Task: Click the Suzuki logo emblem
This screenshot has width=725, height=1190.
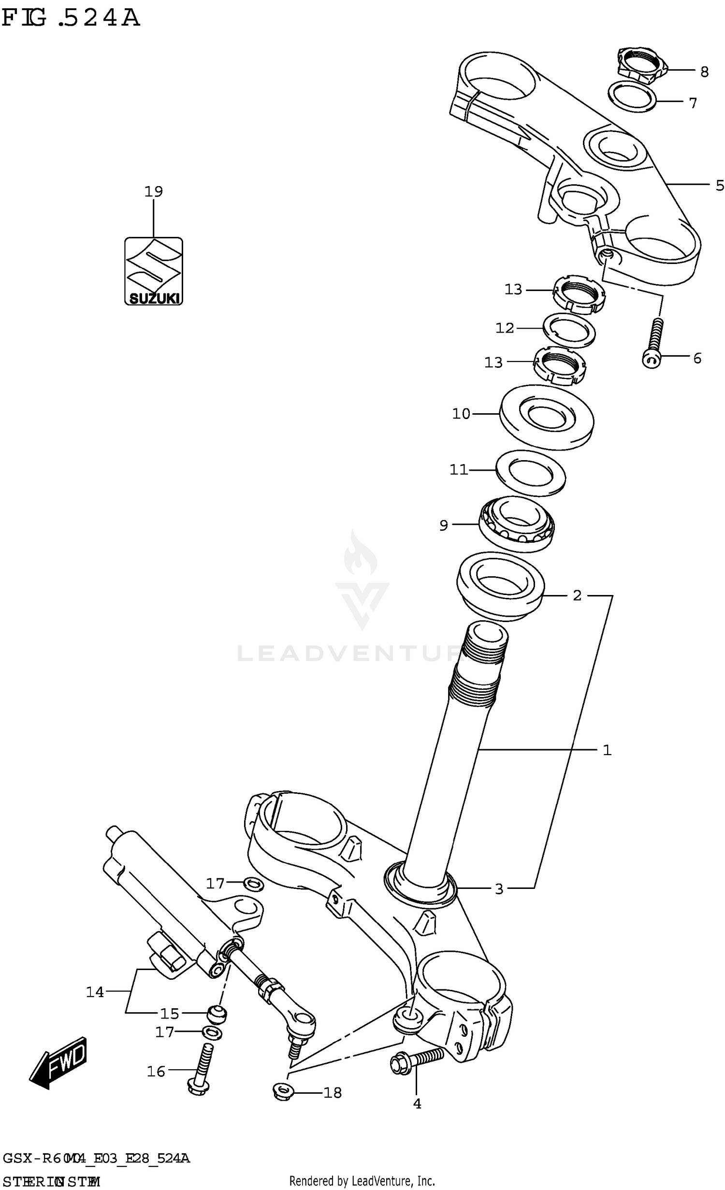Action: point(154,271)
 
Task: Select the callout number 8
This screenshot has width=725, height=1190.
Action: point(704,72)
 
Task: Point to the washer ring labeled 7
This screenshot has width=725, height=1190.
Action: point(632,97)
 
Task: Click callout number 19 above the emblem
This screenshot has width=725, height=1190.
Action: point(154,191)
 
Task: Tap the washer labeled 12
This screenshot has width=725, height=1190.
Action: point(570,330)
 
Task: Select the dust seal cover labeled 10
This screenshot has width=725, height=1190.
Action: point(546,417)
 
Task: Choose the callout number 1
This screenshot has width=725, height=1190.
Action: point(607,750)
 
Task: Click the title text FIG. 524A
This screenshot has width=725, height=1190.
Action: point(71,18)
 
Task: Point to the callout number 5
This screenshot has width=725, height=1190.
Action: point(720,185)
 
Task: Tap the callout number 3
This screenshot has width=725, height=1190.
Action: point(499,888)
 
